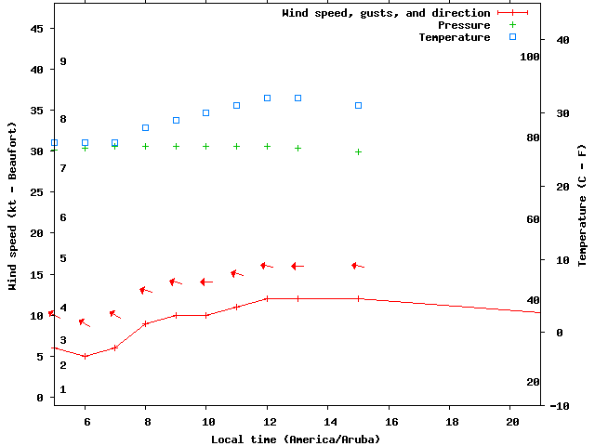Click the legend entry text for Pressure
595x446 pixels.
pos(464,25)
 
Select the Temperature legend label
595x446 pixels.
pos(454,37)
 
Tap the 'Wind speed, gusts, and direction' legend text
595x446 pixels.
pos(386,13)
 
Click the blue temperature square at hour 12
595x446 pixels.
pos(267,98)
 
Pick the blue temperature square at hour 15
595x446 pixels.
pos(358,105)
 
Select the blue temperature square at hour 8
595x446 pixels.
pos(145,127)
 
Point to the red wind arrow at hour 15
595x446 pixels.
pos(358,266)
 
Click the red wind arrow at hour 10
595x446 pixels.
pos(206,282)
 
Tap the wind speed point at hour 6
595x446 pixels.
pos(85,356)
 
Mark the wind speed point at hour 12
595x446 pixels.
pos(267,298)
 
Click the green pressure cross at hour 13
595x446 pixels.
pos(297,148)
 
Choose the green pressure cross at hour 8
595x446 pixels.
pos(145,146)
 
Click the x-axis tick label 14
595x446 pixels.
pos(327,421)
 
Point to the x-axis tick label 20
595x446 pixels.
pos(509,421)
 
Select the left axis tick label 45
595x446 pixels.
pos(37,29)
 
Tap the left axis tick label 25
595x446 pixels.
pos(37,192)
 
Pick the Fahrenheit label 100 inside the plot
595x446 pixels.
pos(530,57)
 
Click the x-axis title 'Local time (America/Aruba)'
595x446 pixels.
pos(296,439)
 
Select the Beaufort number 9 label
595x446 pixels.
pos(63,61)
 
